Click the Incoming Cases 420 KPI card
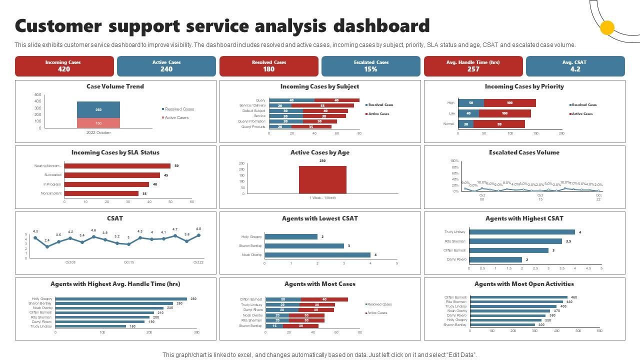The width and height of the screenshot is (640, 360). pyautogui.click(x=64, y=66)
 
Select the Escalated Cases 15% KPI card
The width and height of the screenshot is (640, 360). pyautogui.click(x=370, y=66)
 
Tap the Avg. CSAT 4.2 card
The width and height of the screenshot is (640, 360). pyautogui.click(x=575, y=66)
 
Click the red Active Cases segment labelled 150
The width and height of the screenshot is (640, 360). pyautogui.click(x=98, y=123)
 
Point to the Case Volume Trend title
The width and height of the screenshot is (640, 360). pyautogui.click(x=115, y=86)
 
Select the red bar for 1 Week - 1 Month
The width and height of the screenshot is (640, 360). pyautogui.click(x=322, y=179)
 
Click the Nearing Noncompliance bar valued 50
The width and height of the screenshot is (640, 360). pyautogui.click(x=117, y=166)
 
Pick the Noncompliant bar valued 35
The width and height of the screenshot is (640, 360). pyautogui.click(x=101, y=193)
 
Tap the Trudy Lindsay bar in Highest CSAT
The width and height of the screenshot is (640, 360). pyautogui.click(x=521, y=232)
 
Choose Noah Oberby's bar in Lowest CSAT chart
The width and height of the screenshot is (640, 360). pyautogui.click(x=317, y=255)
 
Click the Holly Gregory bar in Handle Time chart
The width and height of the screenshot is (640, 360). pyautogui.click(x=120, y=299)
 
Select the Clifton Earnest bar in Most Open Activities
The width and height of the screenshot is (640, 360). pyautogui.click(x=518, y=297)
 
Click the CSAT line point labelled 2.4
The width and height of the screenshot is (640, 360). pyautogui.click(x=47, y=246)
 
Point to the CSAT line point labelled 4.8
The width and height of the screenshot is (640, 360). pyautogui.click(x=198, y=235)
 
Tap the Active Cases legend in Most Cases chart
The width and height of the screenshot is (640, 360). pyautogui.click(x=378, y=313)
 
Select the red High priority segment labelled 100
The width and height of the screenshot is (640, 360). pyautogui.click(x=509, y=103)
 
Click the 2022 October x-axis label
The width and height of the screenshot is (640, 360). pyautogui.click(x=98, y=133)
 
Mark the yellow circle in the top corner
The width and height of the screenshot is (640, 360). pyautogui.click(x=607, y=28)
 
